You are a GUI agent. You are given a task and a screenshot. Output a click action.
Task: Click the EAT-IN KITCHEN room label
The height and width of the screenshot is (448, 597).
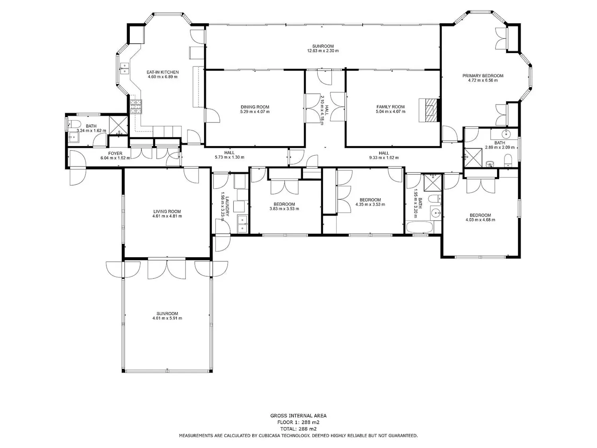[x=163, y=72]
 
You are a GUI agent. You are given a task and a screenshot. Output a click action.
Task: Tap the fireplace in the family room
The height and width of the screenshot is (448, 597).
[x=429, y=110]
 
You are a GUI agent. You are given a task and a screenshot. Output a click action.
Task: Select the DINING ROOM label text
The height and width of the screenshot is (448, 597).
[x=255, y=107]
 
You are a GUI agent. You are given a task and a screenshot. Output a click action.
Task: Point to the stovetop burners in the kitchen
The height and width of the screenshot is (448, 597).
[x=136, y=107]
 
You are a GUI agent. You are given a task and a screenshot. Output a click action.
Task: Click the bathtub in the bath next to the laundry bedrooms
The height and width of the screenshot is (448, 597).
[x=419, y=227]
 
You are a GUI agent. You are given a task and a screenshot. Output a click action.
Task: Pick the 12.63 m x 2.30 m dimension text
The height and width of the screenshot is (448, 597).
[x=323, y=51]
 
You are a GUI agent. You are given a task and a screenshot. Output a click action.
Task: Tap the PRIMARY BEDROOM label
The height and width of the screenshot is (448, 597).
[x=483, y=76]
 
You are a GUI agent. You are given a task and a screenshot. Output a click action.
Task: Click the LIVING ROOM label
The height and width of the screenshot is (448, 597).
[x=167, y=211]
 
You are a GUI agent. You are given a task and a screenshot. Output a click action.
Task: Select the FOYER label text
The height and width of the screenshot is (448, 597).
[x=115, y=153]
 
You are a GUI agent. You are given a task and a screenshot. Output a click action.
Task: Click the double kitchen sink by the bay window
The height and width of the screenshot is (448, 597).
[x=124, y=68]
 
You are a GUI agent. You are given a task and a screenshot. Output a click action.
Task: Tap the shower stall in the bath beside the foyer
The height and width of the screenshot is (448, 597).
[x=119, y=125]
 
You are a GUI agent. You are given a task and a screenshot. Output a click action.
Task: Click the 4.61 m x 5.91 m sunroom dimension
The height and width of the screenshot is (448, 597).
[x=167, y=318]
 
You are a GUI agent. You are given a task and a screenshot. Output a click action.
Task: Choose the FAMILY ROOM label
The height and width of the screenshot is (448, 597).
[x=390, y=107]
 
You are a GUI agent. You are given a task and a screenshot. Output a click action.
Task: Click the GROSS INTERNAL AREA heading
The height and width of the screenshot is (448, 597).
[x=298, y=415]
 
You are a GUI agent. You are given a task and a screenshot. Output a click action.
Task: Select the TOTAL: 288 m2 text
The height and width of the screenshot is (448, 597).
[x=298, y=429]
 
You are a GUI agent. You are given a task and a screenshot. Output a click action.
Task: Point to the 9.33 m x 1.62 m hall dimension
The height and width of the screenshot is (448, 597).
[x=384, y=157]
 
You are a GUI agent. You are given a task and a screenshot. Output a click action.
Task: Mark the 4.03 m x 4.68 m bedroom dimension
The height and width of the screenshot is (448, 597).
[x=480, y=220]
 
